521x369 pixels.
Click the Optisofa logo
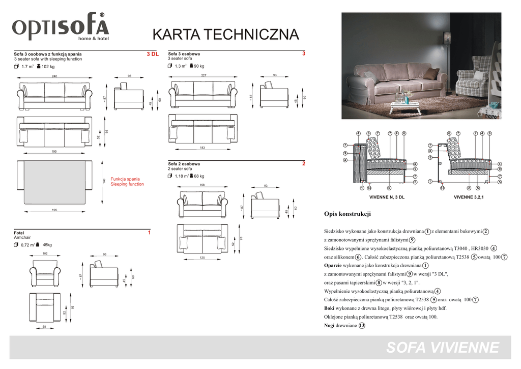tap(61, 27)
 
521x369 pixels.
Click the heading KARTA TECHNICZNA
tap(226, 35)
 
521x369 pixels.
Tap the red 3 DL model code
tap(153, 54)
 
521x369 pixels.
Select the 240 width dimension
tap(54, 76)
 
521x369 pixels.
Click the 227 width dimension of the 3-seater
tap(204, 75)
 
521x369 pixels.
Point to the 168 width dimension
tap(202, 185)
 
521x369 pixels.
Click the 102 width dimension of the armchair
tap(45, 253)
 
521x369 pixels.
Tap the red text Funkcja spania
tap(125, 179)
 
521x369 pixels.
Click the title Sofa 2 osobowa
tap(184, 164)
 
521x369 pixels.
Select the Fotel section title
tap(19, 233)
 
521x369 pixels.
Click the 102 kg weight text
tap(48, 67)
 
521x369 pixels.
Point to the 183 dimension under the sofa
tap(202, 148)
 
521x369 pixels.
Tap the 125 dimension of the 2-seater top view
tap(202, 259)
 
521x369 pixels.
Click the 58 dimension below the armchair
tap(45, 326)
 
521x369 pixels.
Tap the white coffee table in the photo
tap(404, 105)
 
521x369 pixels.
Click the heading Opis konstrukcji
tap(348, 214)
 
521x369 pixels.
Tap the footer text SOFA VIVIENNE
tap(443, 348)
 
